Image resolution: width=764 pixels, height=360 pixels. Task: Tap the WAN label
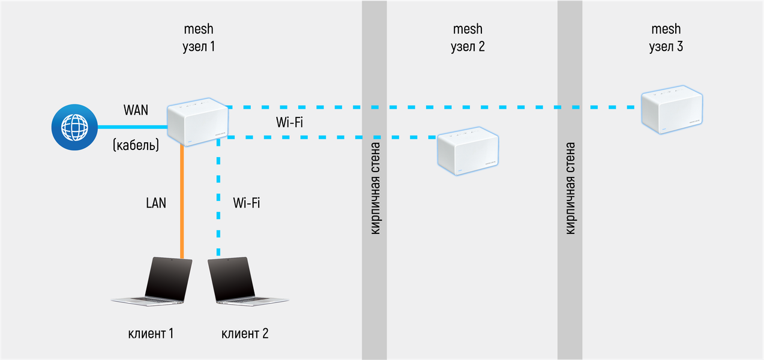pyautogui.click(x=136, y=110)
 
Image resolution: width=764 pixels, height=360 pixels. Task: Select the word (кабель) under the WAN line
pyautogui.click(x=136, y=145)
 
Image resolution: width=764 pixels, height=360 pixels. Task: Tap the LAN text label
pyautogui.click(x=156, y=203)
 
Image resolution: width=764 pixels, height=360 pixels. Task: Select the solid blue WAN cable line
pyautogui.click(x=132, y=127)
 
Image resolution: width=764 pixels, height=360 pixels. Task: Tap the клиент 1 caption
pyautogui.click(x=151, y=333)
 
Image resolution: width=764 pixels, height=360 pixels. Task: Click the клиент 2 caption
pyautogui.click(x=245, y=333)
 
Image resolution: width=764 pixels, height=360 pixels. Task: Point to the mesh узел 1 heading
pyautogui.click(x=198, y=37)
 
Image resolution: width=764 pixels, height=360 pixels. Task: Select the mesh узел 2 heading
pyautogui.click(x=468, y=37)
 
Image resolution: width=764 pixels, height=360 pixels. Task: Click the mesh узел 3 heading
pyautogui.click(x=666, y=37)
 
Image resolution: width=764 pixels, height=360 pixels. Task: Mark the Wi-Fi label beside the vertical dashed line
pyautogui.click(x=246, y=203)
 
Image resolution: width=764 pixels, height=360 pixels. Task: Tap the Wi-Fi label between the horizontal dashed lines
pyautogui.click(x=289, y=123)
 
